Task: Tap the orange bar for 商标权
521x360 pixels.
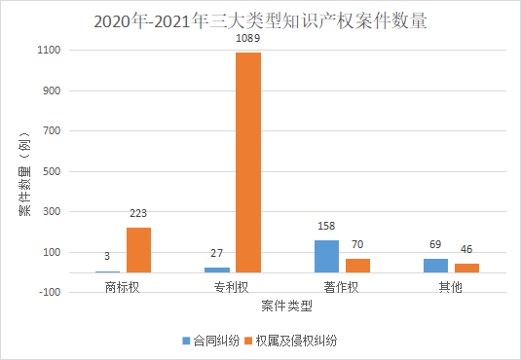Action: tap(138, 250)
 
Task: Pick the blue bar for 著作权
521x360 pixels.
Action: tap(327, 256)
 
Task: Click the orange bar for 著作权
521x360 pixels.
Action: tap(358, 265)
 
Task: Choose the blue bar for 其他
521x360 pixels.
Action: tap(435, 265)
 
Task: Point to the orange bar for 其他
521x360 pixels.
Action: tap(466, 268)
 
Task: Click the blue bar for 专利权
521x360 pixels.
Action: tap(217, 270)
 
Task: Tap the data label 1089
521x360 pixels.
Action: tap(249, 41)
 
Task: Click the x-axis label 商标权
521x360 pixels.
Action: tap(123, 288)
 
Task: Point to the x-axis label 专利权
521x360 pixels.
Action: tap(232, 288)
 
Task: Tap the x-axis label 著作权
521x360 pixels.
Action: tap(342, 288)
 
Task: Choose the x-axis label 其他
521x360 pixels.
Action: tap(450, 288)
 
